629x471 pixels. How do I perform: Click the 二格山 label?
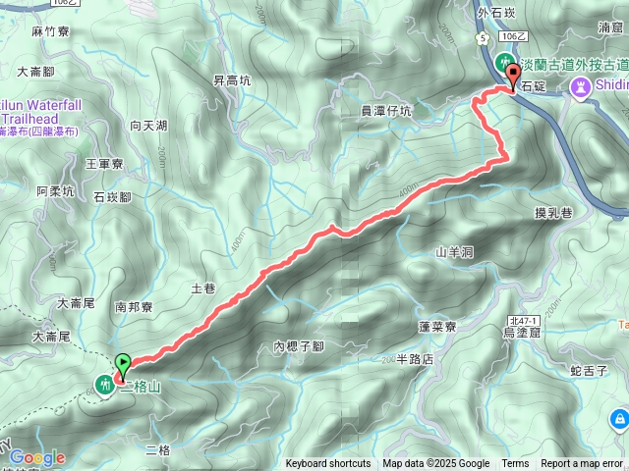(x=140, y=388)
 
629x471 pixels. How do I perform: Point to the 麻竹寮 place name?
(x=48, y=32)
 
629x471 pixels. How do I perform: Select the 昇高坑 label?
(x=232, y=80)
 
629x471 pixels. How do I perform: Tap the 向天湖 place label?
(x=148, y=126)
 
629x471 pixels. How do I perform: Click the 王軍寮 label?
(x=104, y=164)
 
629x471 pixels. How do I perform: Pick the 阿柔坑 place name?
(x=55, y=191)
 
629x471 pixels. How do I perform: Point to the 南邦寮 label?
(x=134, y=306)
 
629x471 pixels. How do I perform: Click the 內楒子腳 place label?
(x=299, y=346)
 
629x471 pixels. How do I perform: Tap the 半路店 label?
(x=414, y=359)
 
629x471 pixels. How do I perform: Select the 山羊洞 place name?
(x=455, y=252)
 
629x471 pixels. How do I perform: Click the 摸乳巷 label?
(x=552, y=213)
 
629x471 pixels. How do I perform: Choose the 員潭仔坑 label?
(x=386, y=111)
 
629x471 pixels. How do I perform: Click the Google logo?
(x=37, y=457)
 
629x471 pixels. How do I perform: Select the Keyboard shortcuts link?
(x=328, y=464)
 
